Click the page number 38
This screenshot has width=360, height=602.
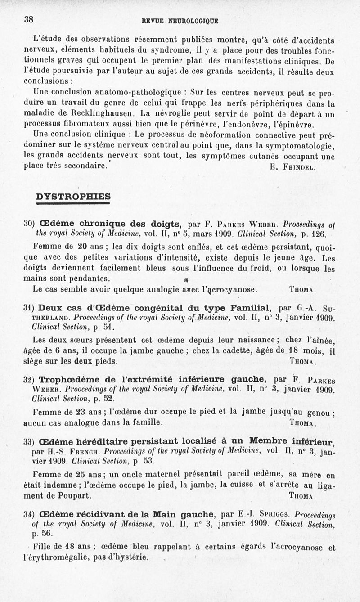click(29, 19)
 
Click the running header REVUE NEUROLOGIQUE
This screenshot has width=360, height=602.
click(180, 21)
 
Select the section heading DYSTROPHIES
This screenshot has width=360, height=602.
click(73, 196)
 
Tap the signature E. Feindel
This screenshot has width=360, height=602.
click(293, 168)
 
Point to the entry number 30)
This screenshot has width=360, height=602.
click(29, 223)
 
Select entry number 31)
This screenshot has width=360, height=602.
click(29, 308)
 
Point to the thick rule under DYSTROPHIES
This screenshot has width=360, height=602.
click(73, 203)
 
